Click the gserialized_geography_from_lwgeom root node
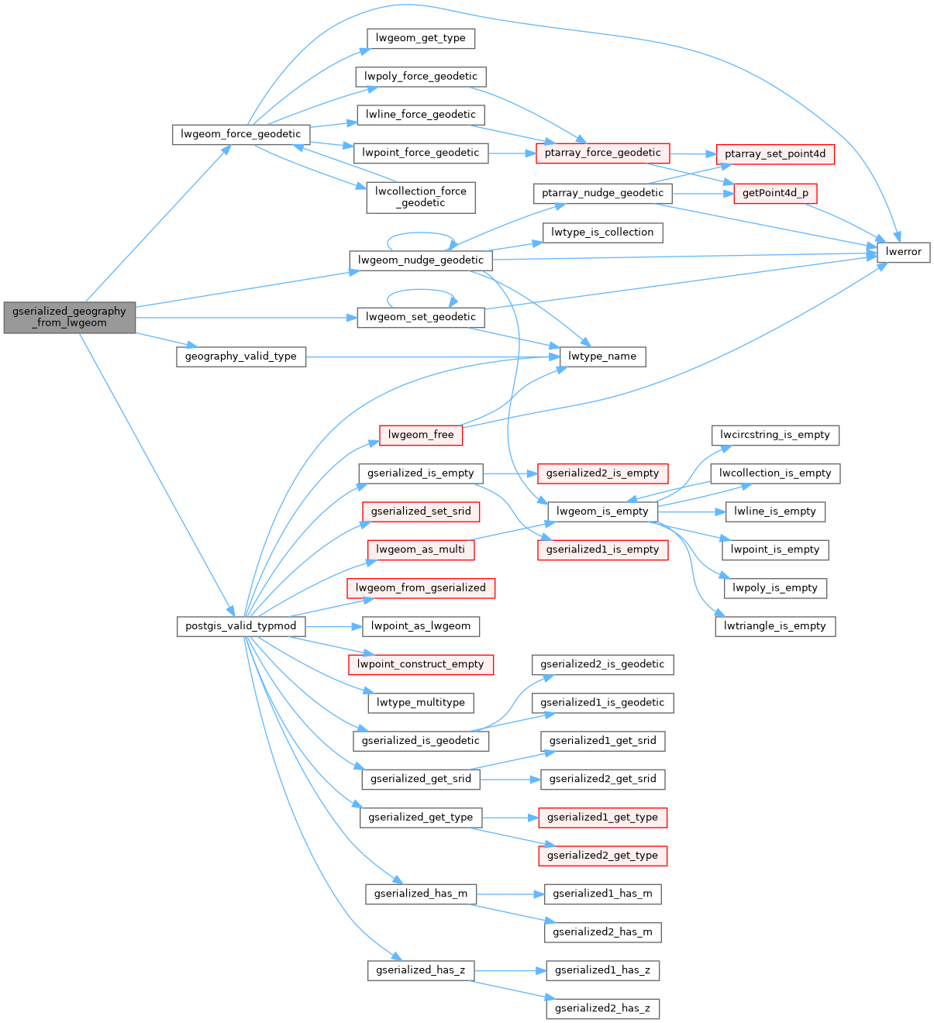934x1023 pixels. pyautogui.click(x=69, y=317)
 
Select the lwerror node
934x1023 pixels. pyautogui.click(x=903, y=252)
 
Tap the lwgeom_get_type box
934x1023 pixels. pyautogui.click(x=420, y=38)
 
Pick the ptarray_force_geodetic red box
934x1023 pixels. pyautogui.click(x=602, y=153)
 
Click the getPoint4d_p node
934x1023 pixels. pyautogui.click(x=775, y=193)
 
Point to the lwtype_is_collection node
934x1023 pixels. pyautogui.click(x=602, y=232)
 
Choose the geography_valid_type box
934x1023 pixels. pyautogui.click(x=241, y=356)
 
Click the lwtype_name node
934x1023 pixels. pyautogui.click(x=602, y=356)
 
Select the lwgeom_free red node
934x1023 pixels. pyautogui.click(x=421, y=435)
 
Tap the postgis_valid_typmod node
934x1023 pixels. pyautogui.click(x=241, y=626)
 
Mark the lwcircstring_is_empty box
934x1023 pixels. pyautogui.click(x=775, y=435)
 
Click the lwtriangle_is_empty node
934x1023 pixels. pyautogui.click(x=775, y=626)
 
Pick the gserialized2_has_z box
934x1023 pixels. pyautogui.click(x=602, y=1008)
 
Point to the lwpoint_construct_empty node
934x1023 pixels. pyautogui.click(x=420, y=664)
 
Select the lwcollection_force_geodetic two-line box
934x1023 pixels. pyautogui.click(x=421, y=197)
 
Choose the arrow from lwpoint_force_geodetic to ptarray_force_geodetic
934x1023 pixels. pyautogui.click(x=512, y=153)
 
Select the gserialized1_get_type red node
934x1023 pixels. pyautogui.click(x=602, y=817)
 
